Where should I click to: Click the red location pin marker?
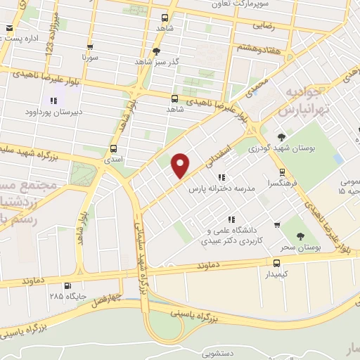(x=181, y=165)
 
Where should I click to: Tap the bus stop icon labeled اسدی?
(x=113, y=148)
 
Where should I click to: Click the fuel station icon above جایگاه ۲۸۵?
(x=67, y=285)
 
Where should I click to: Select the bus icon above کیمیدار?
(x=276, y=263)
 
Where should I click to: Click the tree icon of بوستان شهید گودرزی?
(x=281, y=137)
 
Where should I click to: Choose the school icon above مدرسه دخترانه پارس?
(x=221, y=178)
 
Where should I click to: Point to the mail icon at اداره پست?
(x=9, y=28)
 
